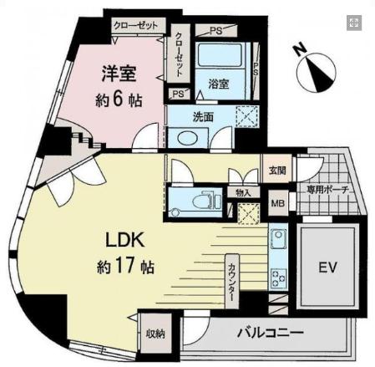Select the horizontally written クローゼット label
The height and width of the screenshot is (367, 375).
tap(136, 26)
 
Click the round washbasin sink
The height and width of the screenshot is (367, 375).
tap(184, 138)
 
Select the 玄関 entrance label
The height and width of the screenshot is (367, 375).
tap(277, 171)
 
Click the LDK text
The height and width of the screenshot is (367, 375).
tap(124, 241)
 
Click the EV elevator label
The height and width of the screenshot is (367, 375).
tap(327, 270)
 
